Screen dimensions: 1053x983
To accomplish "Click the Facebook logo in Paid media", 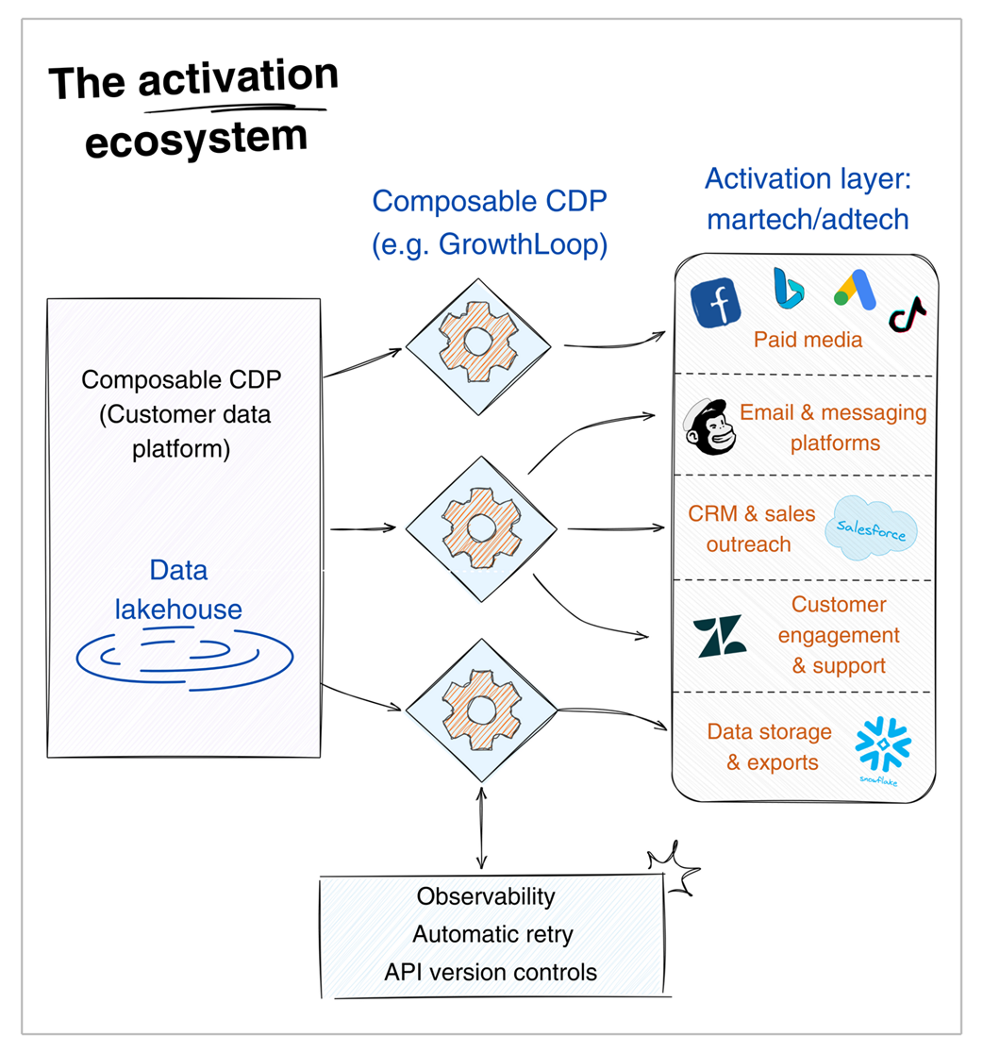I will (x=715, y=304).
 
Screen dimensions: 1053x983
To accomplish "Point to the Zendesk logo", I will (x=719, y=636).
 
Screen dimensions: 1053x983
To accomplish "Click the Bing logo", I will (x=787, y=288).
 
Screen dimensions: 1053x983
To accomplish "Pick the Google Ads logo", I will (x=853, y=289).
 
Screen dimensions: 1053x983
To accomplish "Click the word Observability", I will (x=487, y=895).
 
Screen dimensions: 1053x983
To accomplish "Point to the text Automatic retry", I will (x=492, y=934).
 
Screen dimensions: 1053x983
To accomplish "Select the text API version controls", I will (x=491, y=972).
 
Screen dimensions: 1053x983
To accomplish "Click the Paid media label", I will (x=808, y=340).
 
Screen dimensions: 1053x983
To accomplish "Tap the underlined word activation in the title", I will (x=238, y=82).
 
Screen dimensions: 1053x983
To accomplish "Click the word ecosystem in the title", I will (x=196, y=138).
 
